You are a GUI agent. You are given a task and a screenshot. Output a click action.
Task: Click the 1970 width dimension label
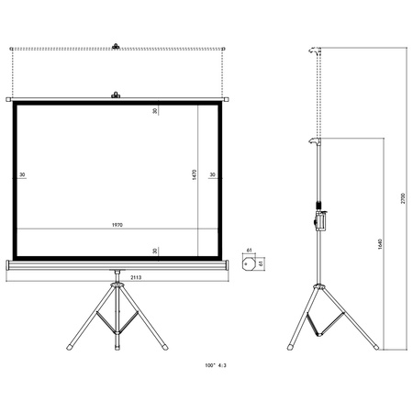coord(116,225)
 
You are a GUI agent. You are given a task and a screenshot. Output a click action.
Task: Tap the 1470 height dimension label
coord(195,173)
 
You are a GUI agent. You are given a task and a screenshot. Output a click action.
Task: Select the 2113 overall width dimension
coord(116,276)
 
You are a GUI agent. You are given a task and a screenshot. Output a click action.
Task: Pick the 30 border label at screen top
coord(156,112)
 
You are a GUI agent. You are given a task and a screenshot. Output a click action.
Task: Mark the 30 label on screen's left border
coord(21,174)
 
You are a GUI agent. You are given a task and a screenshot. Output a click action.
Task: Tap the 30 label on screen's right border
coord(212,174)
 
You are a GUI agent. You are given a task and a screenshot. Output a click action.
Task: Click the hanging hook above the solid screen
coord(116,94)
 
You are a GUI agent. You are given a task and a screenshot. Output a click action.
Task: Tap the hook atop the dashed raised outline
coord(116,44)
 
